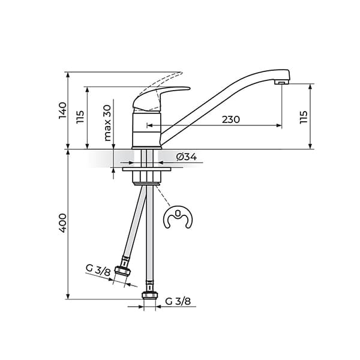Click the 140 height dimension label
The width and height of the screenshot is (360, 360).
62,110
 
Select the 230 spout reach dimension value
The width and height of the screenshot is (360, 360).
231,119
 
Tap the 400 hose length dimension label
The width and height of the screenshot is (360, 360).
62,223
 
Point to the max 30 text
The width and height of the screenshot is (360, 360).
107,123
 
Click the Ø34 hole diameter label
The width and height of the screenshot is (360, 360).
187,157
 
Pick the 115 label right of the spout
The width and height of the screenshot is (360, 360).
303,117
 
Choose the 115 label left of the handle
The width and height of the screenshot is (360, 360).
80,117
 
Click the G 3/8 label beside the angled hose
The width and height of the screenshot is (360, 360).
98,270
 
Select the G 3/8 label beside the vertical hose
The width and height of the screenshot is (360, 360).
178,301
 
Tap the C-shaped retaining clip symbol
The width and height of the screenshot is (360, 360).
178,218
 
